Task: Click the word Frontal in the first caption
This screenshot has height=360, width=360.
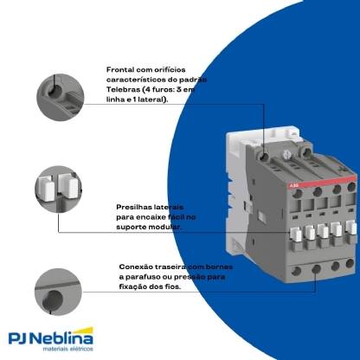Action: pyautogui.click(x=121, y=68)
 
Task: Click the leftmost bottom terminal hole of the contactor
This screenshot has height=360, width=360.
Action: pyautogui.click(x=283, y=270)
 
